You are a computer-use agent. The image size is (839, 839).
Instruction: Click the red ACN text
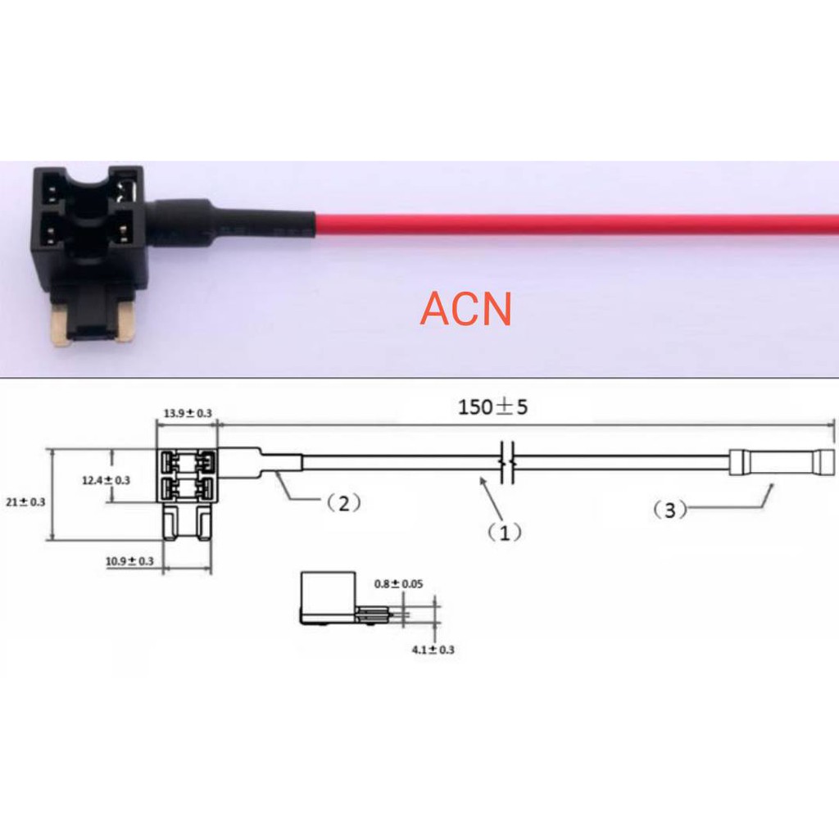point(465,309)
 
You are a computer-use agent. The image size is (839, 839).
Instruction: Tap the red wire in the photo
point(577,224)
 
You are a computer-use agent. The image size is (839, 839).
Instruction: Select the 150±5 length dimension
point(492,407)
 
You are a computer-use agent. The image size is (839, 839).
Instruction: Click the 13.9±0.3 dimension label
point(188,413)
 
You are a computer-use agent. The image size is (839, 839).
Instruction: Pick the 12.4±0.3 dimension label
point(106,480)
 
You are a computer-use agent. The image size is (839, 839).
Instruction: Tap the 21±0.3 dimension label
point(25,502)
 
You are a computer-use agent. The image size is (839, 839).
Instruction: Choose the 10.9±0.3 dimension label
point(129,561)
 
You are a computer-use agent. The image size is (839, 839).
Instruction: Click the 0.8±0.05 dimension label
point(399,583)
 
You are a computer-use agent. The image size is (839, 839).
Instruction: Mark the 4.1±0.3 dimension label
point(433,650)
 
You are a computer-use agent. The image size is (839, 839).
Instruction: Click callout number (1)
point(505,532)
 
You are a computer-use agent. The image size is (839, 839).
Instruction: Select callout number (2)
point(343,503)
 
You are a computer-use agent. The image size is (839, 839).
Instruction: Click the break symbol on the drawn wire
point(507,462)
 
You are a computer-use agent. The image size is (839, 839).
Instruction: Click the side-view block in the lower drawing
point(328,598)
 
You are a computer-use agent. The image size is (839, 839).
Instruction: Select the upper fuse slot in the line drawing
point(188,460)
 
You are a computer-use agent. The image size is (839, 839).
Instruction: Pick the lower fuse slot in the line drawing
point(188,488)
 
